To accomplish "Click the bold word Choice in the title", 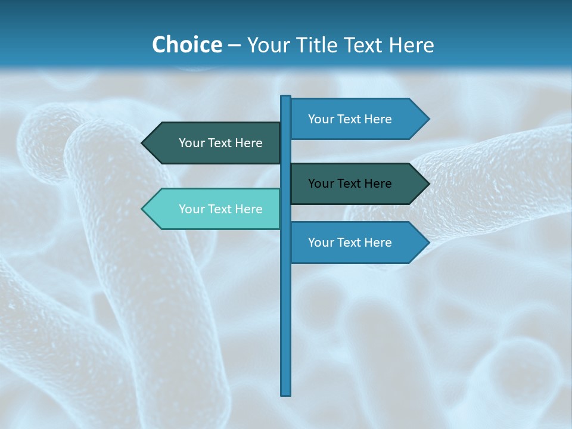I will (186, 45).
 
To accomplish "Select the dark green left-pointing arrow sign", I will (214, 143).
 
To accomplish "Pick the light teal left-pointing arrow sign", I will (214, 209).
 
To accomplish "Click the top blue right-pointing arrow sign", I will (355, 119).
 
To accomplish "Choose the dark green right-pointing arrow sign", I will (355, 184).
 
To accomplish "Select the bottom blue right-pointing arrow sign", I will (355, 243).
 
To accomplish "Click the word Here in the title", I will (411, 45).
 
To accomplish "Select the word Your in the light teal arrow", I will (191, 209).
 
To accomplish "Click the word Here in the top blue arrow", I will (377, 119).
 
